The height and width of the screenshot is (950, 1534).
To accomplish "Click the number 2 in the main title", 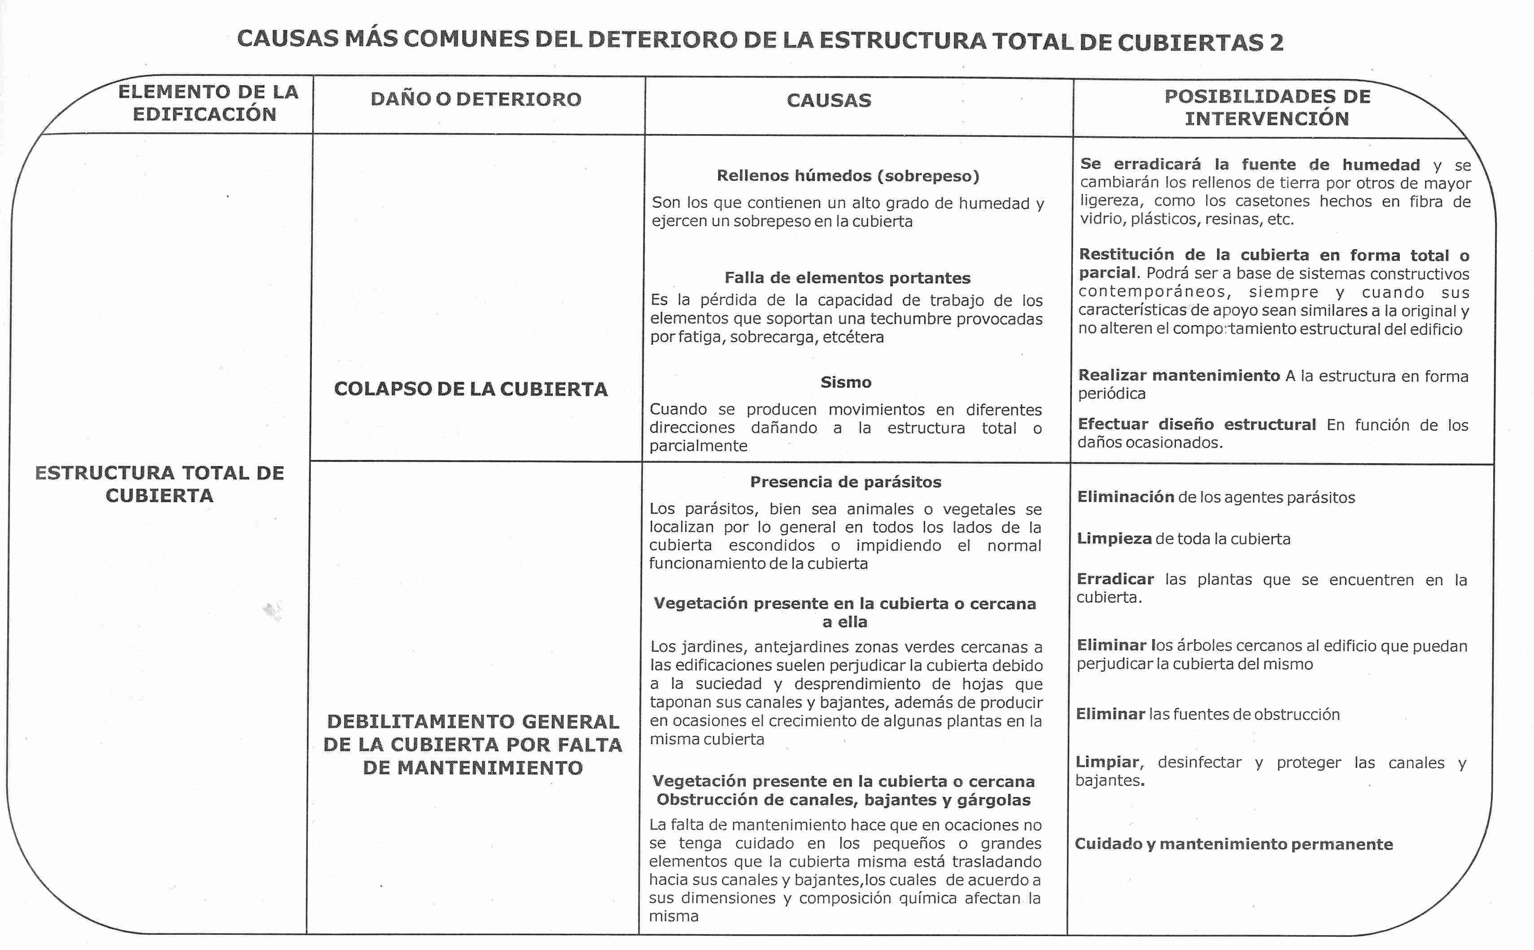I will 1275,43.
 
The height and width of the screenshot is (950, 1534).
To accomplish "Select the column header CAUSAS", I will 829,101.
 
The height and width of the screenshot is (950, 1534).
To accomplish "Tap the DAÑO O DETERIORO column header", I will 476,99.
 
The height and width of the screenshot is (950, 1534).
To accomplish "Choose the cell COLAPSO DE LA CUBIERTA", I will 471,389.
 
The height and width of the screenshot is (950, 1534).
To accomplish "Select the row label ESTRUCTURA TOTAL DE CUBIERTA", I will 160,484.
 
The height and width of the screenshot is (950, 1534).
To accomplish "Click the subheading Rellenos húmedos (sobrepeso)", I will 848,176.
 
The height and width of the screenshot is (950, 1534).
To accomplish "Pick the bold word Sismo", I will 846,382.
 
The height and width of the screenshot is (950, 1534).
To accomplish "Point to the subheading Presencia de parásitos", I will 846,482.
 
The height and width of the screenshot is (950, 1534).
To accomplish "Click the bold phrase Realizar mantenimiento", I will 1179,376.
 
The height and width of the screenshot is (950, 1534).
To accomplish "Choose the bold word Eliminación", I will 1125,497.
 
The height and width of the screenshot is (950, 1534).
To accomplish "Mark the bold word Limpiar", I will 1107,762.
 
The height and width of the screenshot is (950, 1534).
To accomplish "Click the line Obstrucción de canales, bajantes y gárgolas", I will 843,800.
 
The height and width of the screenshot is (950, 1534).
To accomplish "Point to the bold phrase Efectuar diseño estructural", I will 1196,425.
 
